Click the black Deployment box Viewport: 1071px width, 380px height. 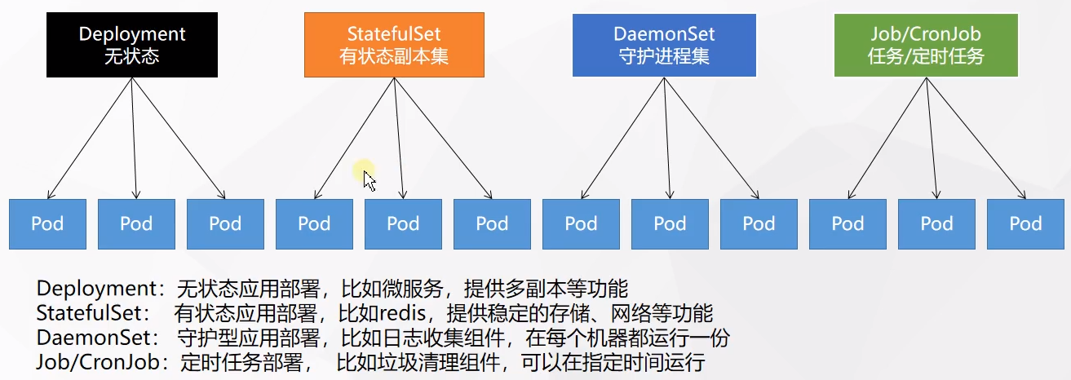pyautogui.click(x=132, y=45)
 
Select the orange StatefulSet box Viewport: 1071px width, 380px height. pyautogui.click(x=394, y=45)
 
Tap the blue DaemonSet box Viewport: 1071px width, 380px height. pyautogui.click(x=664, y=45)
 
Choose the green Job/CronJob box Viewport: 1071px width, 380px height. pyautogui.click(x=926, y=45)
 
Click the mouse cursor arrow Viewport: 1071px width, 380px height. pyautogui.click(x=370, y=180)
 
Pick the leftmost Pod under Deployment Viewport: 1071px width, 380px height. pyautogui.click(x=47, y=223)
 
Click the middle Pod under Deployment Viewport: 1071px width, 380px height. pyautogui.click(x=136, y=223)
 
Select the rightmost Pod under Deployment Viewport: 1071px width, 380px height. pyautogui.click(x=225, y=223)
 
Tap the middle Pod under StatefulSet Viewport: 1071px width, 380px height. pyautogui.click(x=403, y=223)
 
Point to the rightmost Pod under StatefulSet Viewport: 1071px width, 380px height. pyautogui.click(x=492, y=223)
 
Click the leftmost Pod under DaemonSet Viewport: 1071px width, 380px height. pyautogui.click(x=581, y=223)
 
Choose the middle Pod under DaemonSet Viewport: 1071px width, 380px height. pyautogui.click(x=670, y=223)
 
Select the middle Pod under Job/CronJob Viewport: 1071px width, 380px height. pyautogui.click(x=936, y=223)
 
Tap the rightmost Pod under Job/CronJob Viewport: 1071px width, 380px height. pyautogui.click(x=1025, y=223)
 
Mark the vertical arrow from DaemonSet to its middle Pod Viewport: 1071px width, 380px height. pyautogui.click(x=667, y=139)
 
